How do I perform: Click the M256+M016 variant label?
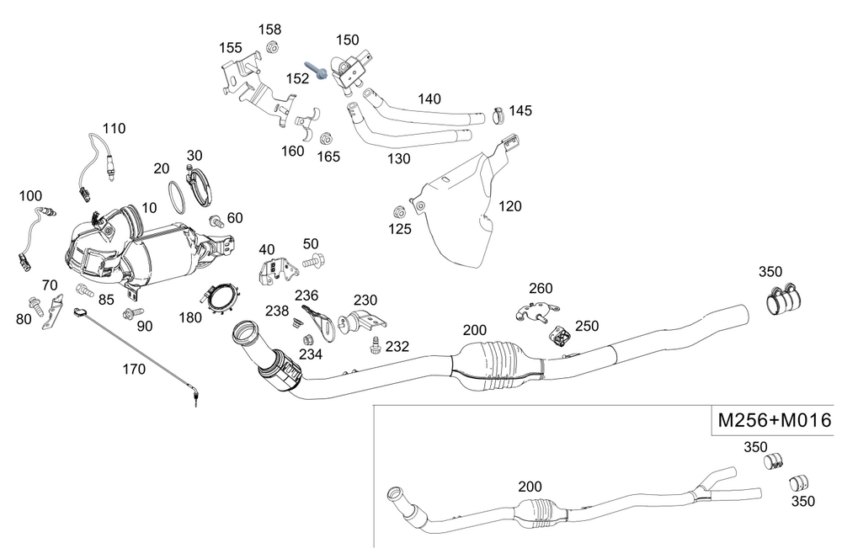pyautogui.click(x=774, y=420)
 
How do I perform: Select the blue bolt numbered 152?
pyautogui.click(x=317, y=71)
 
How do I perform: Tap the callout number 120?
pyautogui.click(x=510, y=205)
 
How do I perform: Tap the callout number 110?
pyautogui.click(x=114, y=129)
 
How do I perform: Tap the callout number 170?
pyautogui.click(x=133, y=368)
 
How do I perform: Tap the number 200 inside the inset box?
pyautogui.click(x=530, y=487)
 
